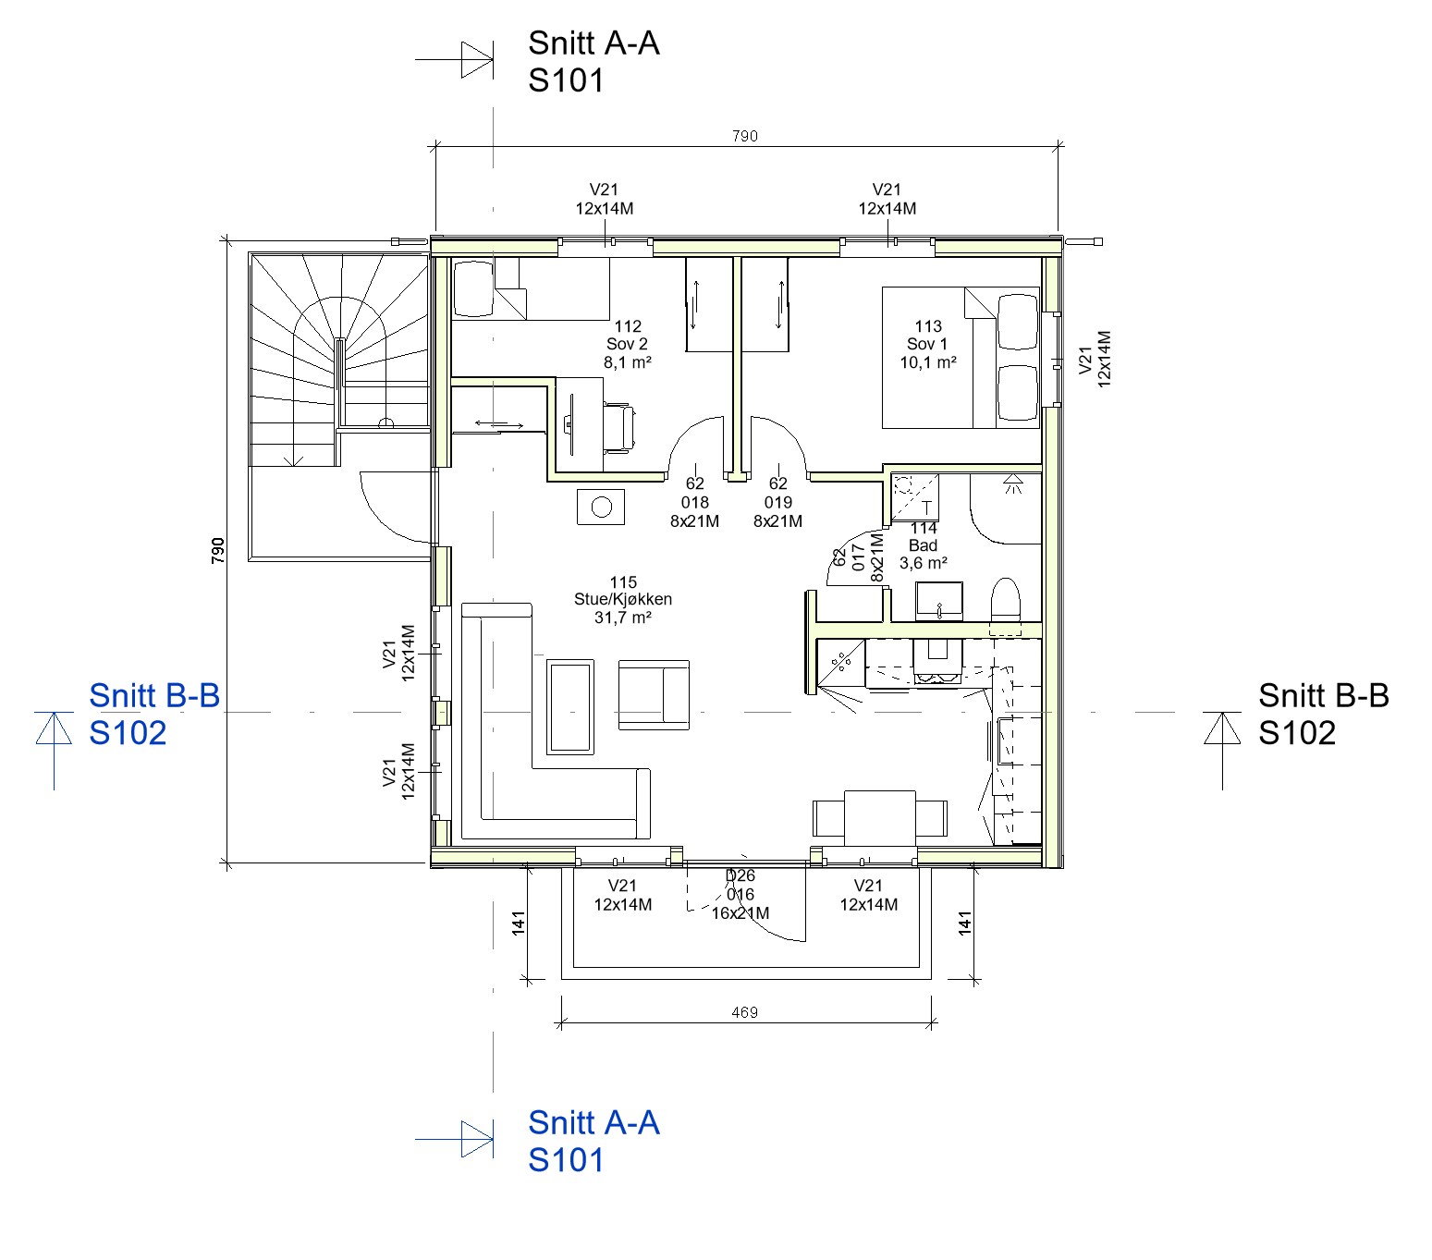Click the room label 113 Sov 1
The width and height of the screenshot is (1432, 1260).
pyautogui.click(x=927, y=344)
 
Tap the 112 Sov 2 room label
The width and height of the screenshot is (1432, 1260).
pyautogui.click(x=627, y=344)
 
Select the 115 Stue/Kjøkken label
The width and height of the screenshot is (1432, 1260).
pyautogui.click(x=623, y=599)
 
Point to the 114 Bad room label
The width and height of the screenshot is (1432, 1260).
pyautogui.click(x=924, y=545)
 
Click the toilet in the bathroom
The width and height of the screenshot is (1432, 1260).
pyautogui.click(x=1005, y=606)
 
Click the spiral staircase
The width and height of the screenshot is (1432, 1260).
pyautogui.click(x=339, y=361)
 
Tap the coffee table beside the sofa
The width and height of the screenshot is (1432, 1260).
pyautogui.click(x=569, y=706)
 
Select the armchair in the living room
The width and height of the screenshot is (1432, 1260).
pyautogui.click(x=654, y=694)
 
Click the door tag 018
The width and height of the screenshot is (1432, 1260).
pyautogui.click(x=695, y=503)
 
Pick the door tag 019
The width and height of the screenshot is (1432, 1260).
pyautogui.click(x=777, y=503)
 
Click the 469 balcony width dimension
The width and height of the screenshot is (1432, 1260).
pyautogui.click(x=745, y=1012)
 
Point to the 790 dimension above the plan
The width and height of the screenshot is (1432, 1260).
pyautogui.click(x=745, y=136)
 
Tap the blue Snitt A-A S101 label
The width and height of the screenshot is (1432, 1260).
pyautogui.click(x=594, y=1142)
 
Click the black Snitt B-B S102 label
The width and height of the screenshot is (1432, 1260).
pyautogui.click(x=1323, y=715)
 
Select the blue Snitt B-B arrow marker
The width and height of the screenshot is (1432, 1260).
pyautogui.click(x=54, y=749)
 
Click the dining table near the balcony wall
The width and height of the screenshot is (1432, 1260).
pyautogui.click(x=880, y=817)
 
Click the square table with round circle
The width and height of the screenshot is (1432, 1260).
pyautogui.click(x=601, y=507)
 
